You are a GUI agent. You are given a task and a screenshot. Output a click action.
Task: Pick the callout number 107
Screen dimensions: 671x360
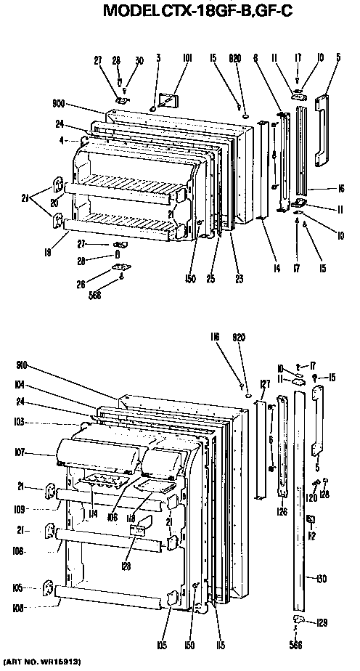(x=19, y=452)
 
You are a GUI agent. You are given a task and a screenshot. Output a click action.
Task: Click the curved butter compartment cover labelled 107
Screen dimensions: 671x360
(x=98, y=452)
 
